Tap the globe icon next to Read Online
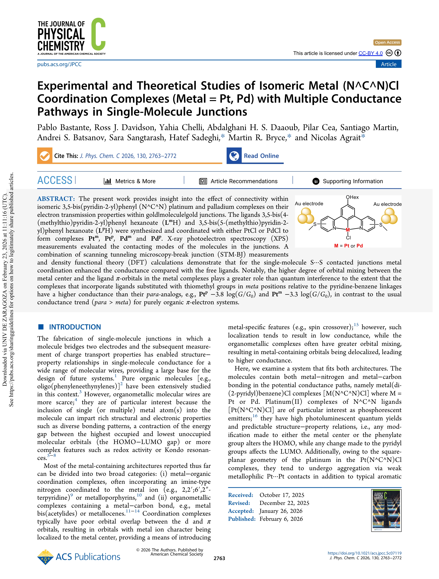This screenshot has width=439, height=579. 234,156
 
